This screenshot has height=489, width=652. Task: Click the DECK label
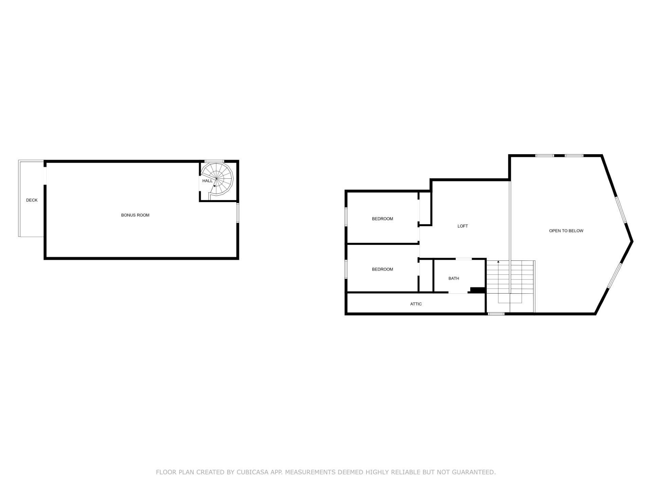pos(32,200)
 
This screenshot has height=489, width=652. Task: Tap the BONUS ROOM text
pos(135,215)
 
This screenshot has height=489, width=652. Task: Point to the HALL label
pos(207,181)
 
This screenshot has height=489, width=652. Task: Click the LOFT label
pos(463,226)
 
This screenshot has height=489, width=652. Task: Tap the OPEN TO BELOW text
pos(566,231)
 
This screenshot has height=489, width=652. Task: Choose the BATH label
pos(454,278)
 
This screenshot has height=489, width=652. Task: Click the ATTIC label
pos(416,304)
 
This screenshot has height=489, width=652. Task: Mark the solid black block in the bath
pos(477,290)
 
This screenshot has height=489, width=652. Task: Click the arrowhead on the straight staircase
pos(498,262)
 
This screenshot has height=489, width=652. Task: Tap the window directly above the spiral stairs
pos(214,161)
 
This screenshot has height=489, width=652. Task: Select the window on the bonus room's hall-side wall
pos(238,213)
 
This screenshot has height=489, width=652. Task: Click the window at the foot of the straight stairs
pos(496,314)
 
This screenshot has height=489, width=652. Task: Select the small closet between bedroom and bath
pos(426,276)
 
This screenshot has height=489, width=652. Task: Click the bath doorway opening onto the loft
pos(464,259)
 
